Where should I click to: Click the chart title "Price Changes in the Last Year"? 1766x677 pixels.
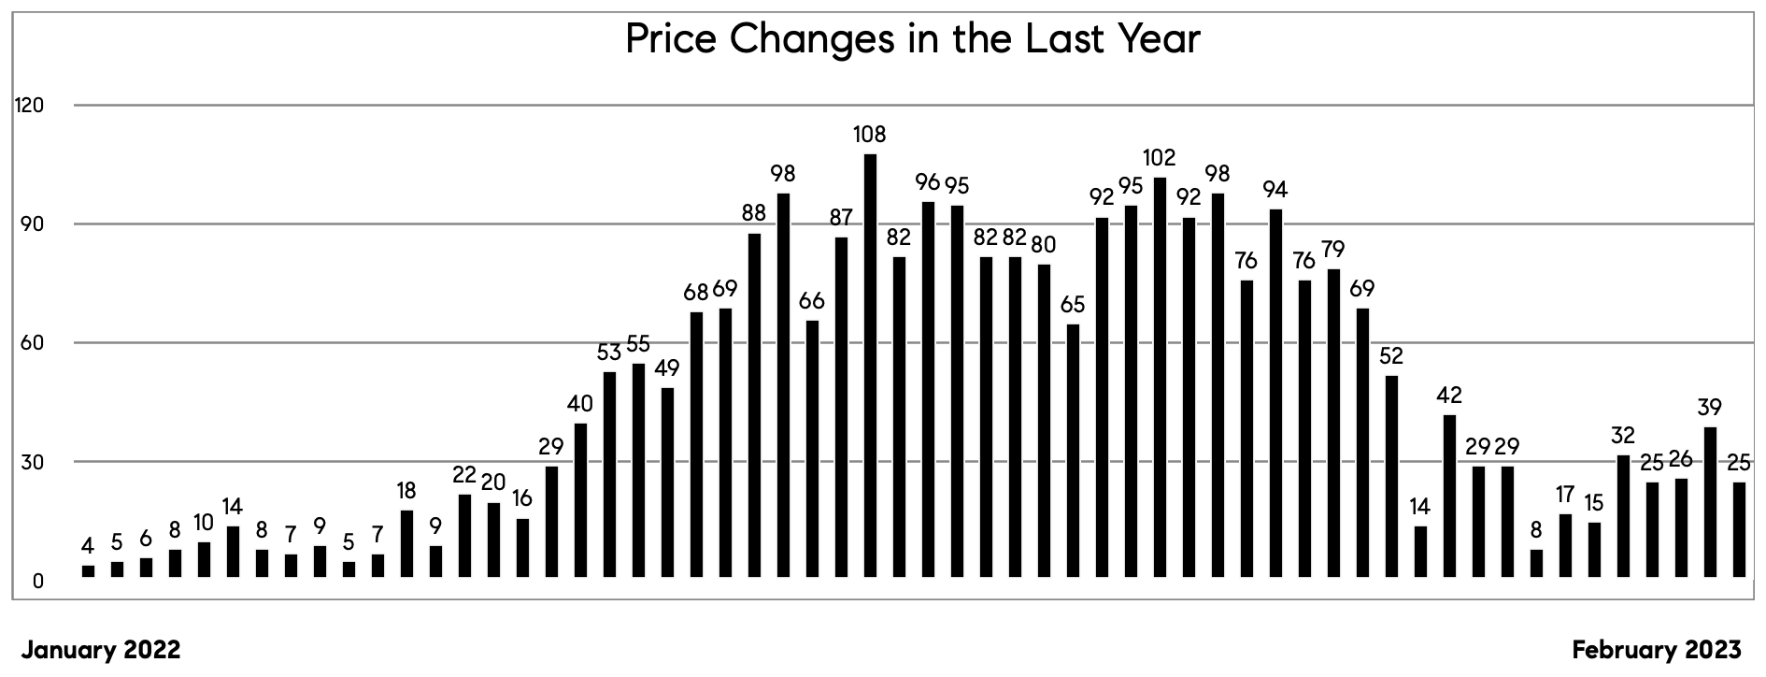click(x=911, y=39)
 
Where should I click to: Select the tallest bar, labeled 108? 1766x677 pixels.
click(x=870, y=365)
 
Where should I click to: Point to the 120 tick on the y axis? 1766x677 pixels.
click(x=29, y=106)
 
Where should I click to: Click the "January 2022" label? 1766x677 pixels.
click(x=101, y=650)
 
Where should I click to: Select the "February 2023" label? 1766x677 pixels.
click(x=1657, y=650)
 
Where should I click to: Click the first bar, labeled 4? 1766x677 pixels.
click(x=88, y=571)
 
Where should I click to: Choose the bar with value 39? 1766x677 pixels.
click(x=1710, y=502)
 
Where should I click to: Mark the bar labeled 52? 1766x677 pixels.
click(x=1391, y=477)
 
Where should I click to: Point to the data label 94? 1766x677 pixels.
click(x=1275, y=191)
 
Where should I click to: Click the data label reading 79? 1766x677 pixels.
click(x=1333, y=251)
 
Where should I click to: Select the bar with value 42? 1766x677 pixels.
click(x=1449, y=496)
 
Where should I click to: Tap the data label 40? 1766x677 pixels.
click(x=580, y=405)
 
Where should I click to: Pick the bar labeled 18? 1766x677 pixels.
click(x=406, y=543)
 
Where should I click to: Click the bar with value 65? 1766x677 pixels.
click(x=1073, y=451)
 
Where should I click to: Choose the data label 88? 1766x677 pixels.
click(x=754, y=213)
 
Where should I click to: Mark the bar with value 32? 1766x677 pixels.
click(x=1623, y=516)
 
